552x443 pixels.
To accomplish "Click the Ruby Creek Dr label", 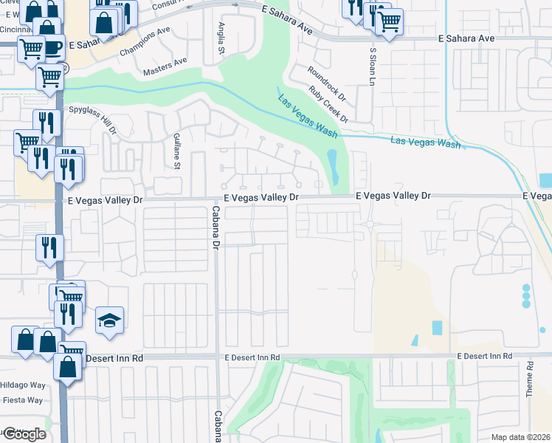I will (x=328, y=105).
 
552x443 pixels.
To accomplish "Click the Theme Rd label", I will (x=530, y=380).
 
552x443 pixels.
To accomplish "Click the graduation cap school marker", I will (x=110, y=320).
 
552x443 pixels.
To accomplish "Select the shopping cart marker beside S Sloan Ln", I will (x=389, y=20).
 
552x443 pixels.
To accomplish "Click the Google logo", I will (x=24, y=434).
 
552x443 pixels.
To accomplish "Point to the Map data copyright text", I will (x=520, y=437).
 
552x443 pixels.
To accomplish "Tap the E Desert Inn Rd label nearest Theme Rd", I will (x=484, y=357).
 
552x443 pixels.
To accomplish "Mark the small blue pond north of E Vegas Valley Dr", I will (x=332, y=167).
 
